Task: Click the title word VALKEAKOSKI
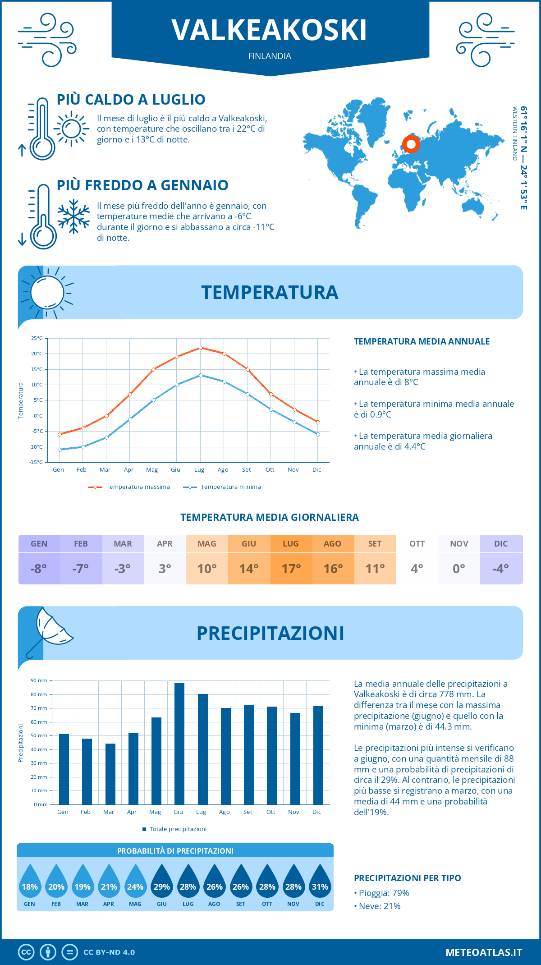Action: (x=269, y=31)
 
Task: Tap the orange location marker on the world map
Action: (x=411, y=144)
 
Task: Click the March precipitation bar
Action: (x=110, y=774)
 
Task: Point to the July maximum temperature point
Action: (x=201, y=348)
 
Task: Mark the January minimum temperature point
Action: (x=60, y=450)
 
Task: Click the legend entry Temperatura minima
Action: (x=230, y=487)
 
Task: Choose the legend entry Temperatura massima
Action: (x=138, y=487)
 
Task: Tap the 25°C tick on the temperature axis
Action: (x=37, y=338)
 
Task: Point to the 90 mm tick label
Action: (x=39, y=680)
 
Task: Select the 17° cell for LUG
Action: (x=291, y=569)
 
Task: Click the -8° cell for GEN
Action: (x=39, y=569)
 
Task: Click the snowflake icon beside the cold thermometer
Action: (x=73, y=216)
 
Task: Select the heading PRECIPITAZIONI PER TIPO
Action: (x=407, y=878)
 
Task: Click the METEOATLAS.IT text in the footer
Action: (x=484, y=952)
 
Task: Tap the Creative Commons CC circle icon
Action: (x=26, y=952)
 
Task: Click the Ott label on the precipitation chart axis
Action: (x=270, y=812)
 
